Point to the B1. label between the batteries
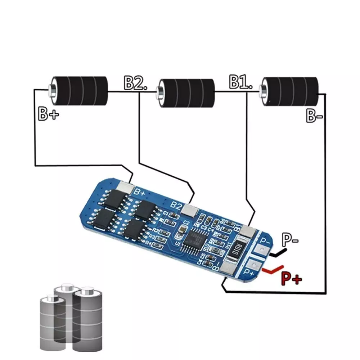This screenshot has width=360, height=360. tap(240, 83)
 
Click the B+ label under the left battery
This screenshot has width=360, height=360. tap(48, 114)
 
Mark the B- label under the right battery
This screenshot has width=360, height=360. tap(315, 116)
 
